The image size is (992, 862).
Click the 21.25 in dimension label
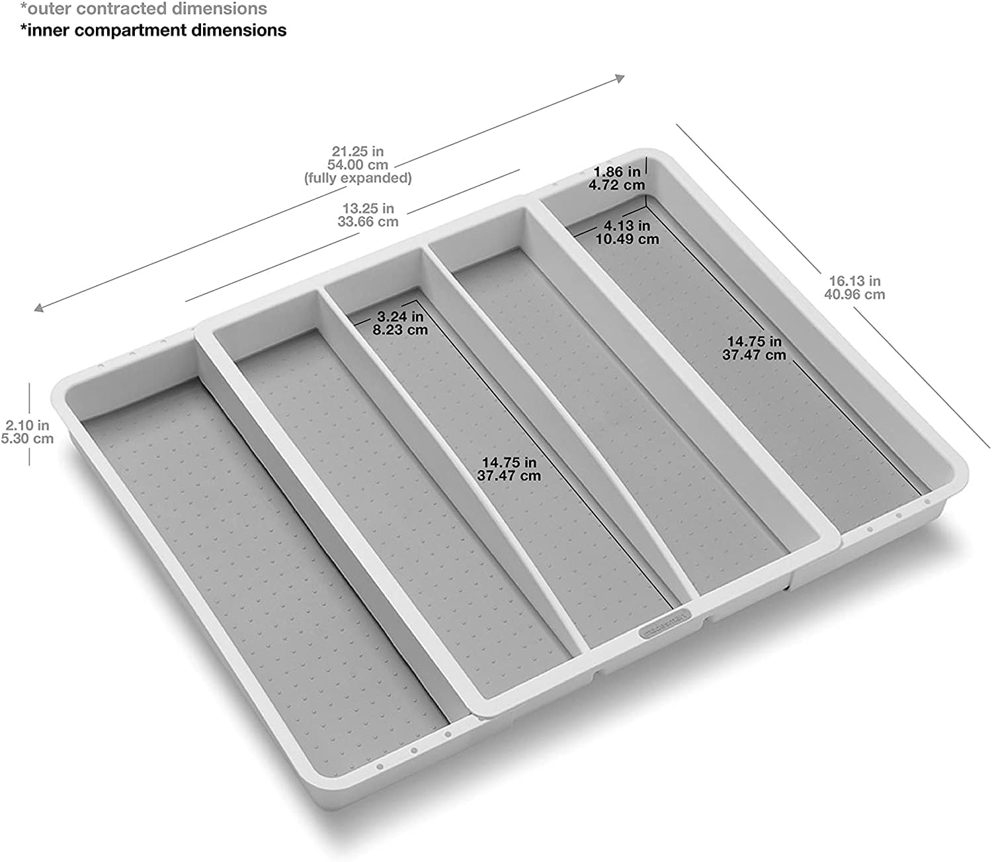pos(358,151)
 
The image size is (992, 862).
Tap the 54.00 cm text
pos(358,165)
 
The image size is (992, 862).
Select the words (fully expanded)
pos(358,178)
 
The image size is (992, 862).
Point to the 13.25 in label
pos(368,209)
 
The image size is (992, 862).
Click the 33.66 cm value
pos(368,222)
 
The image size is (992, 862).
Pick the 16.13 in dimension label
pos(854,281)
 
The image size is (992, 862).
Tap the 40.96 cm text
pos(854,294)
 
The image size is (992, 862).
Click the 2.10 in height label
pos(27,425)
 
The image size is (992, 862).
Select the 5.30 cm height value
pos(27,438)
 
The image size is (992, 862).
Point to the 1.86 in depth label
pos(616,173)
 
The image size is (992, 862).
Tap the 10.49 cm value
pos(627,239)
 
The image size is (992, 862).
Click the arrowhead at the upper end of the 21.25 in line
pos(620,79)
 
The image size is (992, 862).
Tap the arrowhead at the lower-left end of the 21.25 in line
pos(39,307)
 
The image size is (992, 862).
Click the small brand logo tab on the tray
pos(664,625)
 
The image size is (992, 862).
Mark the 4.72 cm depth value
pos(616,185)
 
